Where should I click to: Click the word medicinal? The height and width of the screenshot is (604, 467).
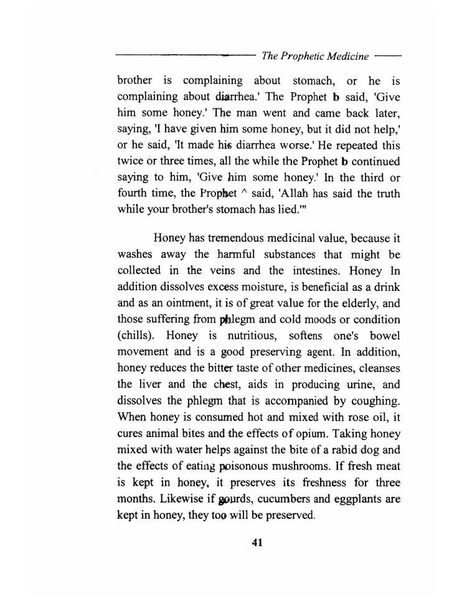tap(298, 238)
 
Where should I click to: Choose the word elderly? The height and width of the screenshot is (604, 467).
tap(359, 303)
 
